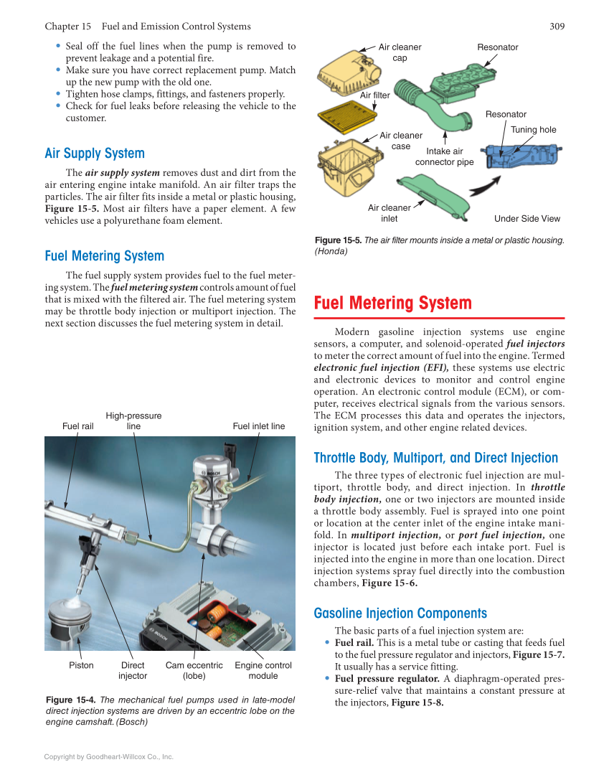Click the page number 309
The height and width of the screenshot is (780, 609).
tap(557, 27)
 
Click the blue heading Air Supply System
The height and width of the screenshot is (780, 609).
tap(94, 154)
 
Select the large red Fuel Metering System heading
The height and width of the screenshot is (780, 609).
tap(392, 303)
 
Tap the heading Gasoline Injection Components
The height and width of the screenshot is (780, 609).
tap(400, 614)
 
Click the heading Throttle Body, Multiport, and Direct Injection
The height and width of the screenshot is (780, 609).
tap(435, 458)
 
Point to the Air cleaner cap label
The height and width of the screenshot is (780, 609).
tap(400, 52)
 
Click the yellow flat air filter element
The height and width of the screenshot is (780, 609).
tap(347, 113)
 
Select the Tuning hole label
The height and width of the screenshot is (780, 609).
tap(533, 130)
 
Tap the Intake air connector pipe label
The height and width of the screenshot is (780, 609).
tap(444, 156)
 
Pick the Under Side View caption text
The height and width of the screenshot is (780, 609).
tap(527, 219)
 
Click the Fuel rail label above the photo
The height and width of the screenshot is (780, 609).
tap(77, 426)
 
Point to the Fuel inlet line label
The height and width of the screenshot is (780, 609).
tap(258, 426)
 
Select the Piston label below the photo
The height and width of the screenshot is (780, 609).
tap(81, 665)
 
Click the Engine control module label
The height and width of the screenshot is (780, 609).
tap(263, 670)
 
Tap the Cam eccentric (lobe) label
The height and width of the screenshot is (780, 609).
tap(194, 670)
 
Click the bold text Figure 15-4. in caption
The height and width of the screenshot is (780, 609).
tap(70, 700)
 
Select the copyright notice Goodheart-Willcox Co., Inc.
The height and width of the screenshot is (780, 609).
tap(109, 756)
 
